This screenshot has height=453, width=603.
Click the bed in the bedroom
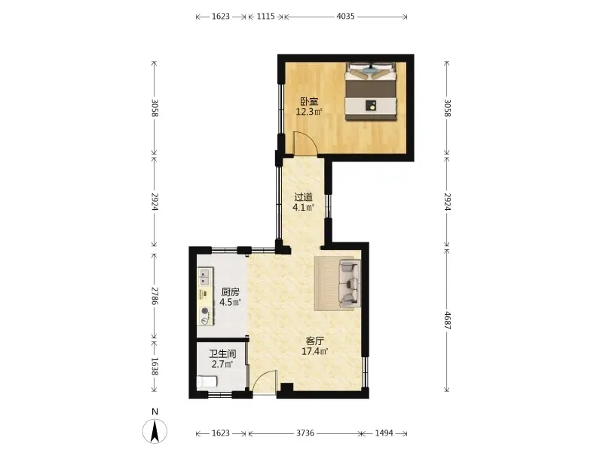click(x=370, y=91)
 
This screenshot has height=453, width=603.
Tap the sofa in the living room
click(x=349, y=284)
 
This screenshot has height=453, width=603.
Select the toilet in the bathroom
click(x=207, y=381)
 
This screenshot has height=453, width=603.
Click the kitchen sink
click(x=204, y=277)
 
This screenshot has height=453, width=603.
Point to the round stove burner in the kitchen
click(x=205, y=311)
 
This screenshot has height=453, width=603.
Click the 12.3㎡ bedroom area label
click(x=309, y=112)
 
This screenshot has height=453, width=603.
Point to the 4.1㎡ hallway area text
click(x=304, y=208)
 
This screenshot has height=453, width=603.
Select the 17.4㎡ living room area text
click(x=314, y=351)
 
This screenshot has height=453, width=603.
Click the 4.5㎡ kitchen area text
click(x=230, y=302)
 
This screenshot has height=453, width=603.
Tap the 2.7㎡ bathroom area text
click(x=222, y=364)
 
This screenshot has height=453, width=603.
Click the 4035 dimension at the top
click(x=345, y=16)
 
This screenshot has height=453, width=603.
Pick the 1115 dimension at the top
click(x=266, y=16)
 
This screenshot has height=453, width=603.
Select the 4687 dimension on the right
click(x=447, y=320)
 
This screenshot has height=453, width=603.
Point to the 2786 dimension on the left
click(x=155, y=296)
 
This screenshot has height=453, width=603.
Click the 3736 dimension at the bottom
click(x=305, y=433)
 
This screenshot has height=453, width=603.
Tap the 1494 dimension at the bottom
click(x=384, y=433)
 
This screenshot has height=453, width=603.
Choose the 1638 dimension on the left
click(x=155, y=366)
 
